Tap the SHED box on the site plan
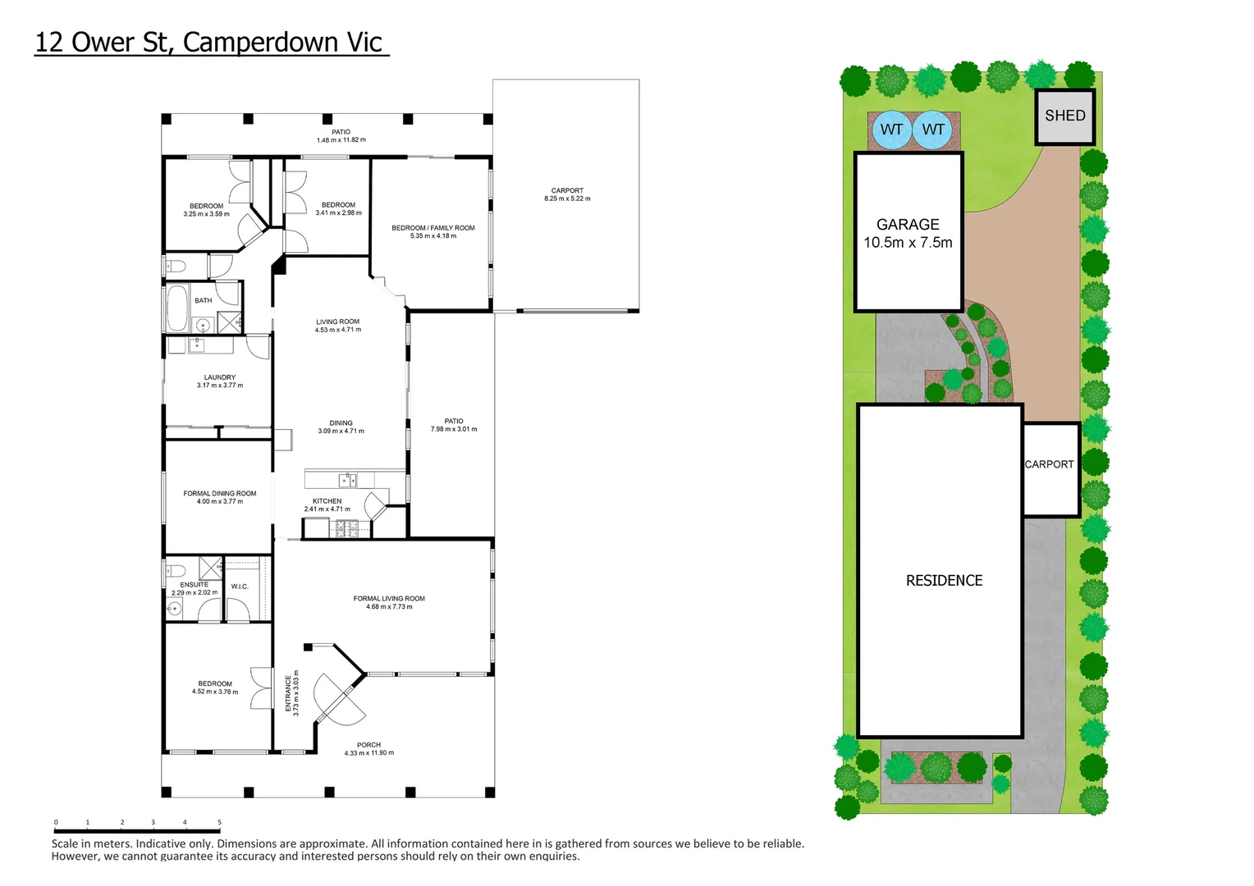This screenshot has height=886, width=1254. (1064, 116)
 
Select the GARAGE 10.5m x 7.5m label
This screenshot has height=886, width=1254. (908, 233)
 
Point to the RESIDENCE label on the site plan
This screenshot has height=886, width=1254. (944, 581)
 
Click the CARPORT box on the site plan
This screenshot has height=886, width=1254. (1050, 465)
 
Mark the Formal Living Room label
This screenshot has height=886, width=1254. (389, 602)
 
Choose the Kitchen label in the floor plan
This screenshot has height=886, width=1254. (327, 505)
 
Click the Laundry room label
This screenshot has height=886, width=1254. (219, 381)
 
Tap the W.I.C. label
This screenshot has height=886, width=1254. (240, 587)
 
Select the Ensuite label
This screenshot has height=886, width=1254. (195, 588)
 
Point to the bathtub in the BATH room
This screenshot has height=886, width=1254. (176, 308)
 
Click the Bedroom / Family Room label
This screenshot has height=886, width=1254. (432, 231)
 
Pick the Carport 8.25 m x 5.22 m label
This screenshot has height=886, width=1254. (567, 194)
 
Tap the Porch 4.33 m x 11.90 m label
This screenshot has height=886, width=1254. (368, 748)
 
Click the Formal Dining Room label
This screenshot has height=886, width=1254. (219, 497)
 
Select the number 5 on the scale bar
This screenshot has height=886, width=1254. (219, 822)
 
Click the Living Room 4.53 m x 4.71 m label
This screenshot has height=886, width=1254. (337, 326)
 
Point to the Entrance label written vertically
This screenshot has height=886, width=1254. (291, 693)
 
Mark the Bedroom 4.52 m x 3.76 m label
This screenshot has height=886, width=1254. (215, 687)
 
